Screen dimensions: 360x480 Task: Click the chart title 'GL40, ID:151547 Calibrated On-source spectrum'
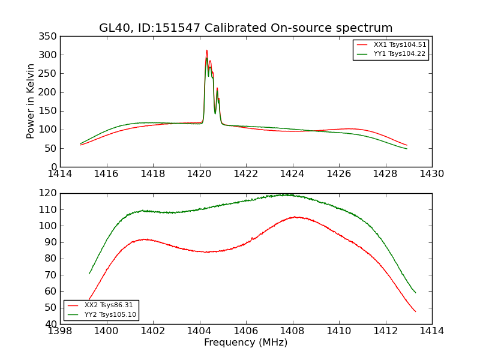246,28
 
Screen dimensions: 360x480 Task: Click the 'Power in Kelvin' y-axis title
31,101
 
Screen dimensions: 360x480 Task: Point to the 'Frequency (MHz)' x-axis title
246,343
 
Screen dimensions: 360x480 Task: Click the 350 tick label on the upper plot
49,36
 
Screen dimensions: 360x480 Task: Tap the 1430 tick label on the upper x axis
432,174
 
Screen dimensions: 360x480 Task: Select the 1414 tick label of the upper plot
61,174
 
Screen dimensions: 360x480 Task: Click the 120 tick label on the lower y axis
49,193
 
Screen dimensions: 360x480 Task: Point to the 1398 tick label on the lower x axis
61,331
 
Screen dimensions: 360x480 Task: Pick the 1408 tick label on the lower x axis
293,331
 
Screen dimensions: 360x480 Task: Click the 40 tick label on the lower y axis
52,324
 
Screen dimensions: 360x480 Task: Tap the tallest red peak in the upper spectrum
207,50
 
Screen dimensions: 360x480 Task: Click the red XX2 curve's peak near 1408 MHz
295,217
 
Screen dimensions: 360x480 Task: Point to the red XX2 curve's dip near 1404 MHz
207,252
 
